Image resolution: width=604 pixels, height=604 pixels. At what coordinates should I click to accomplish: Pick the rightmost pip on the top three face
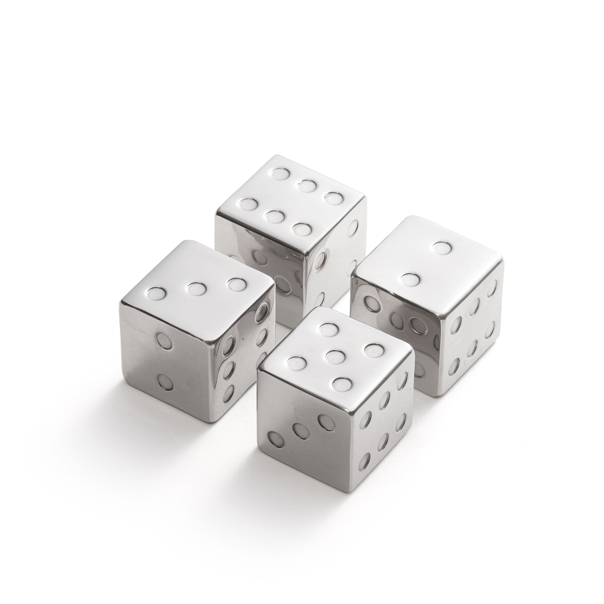click(236, 284)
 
